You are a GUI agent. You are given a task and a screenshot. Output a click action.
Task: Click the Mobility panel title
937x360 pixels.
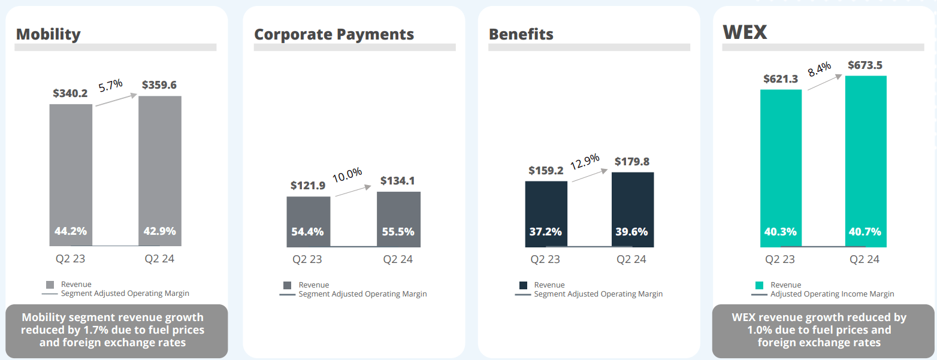point(48,34)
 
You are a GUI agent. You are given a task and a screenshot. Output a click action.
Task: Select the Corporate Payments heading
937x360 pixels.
point(334,34)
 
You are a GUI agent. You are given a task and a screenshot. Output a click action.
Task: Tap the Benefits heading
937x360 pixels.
point(521,34)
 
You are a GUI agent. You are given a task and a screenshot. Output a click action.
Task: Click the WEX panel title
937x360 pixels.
point(745,32)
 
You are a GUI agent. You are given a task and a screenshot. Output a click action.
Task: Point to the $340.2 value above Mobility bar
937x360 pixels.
point(71,93)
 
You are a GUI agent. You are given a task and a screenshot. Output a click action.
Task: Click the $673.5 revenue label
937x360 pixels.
point(865,65)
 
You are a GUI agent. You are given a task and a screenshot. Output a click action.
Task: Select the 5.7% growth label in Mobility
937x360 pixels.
point(110,84)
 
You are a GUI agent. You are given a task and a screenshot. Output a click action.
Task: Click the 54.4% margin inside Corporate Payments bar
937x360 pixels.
point(307,232)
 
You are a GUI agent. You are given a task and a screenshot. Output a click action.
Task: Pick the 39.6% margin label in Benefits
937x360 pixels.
point(632,232)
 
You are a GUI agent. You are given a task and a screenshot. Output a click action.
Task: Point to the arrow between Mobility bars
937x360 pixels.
point(116,99)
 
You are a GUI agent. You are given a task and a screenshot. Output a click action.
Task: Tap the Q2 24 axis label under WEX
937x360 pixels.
point(864,259)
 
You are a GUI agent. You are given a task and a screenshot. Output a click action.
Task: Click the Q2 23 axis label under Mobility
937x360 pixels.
point(70,259)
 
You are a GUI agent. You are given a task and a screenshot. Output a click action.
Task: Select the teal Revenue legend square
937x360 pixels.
point(759,285)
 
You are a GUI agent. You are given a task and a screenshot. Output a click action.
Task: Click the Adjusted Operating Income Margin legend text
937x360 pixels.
point(832,294)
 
